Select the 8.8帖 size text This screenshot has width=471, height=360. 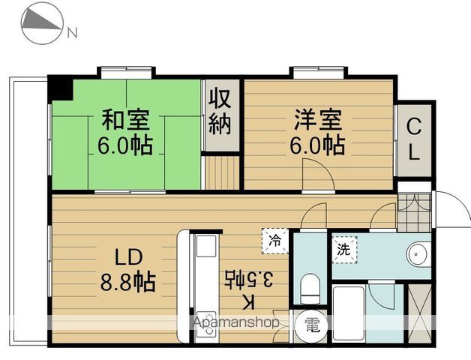[128, 282]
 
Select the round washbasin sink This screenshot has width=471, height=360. [416, 253]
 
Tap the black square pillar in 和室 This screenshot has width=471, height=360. [60, 88]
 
